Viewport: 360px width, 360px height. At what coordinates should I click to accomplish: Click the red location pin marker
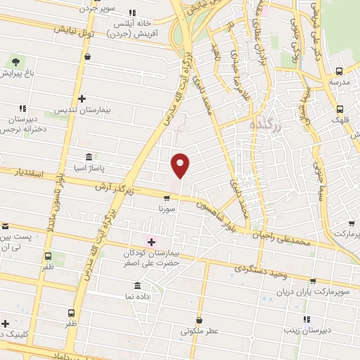click(181, 165)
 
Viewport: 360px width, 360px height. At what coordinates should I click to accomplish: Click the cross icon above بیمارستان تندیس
click(82, 98)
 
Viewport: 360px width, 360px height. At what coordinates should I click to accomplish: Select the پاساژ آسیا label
click(87, 169)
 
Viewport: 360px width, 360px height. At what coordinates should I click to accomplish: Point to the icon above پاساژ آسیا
click(88, 157)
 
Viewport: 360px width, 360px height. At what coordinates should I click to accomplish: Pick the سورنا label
click(166, 209)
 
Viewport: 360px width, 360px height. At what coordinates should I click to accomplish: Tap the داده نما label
click(138, 298)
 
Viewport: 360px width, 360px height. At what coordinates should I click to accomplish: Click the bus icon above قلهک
click(340, 108)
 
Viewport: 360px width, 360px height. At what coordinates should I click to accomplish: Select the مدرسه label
click(340, 82)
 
